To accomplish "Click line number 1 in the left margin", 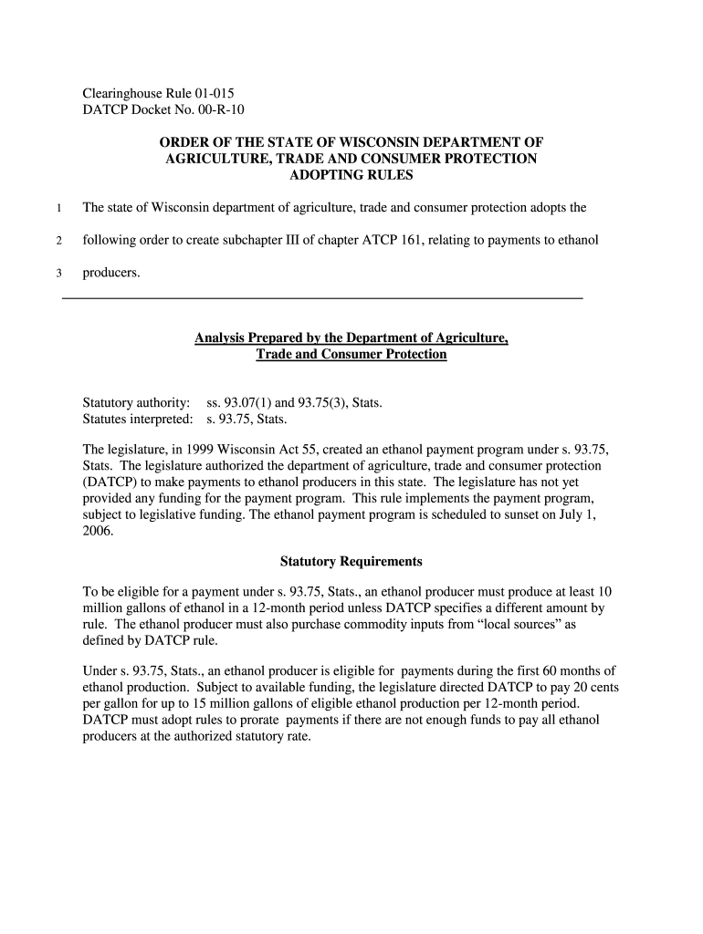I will (58, 208).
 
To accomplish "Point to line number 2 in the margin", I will (58, 241).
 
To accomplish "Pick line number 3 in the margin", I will (58, 273).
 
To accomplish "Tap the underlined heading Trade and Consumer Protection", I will (351, 354).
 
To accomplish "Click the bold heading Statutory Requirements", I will (351, 561).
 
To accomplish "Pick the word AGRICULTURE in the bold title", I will (212, 159).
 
